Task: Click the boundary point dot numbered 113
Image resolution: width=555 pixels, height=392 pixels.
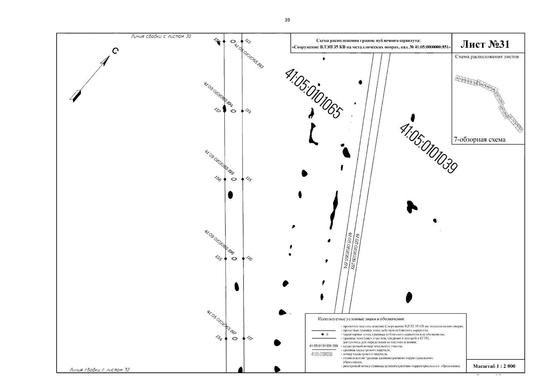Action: (x=242, y=41)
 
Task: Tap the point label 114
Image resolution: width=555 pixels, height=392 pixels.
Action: (x=248, y=111)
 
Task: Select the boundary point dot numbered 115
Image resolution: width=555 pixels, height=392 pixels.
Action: (x=242, y=179)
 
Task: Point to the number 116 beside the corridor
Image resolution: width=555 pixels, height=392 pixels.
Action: (x=249, y=259)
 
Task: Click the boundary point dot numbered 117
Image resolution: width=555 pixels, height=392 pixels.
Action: (x=244, y=338)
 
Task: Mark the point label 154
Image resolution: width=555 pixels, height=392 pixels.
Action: (x=219, y=338)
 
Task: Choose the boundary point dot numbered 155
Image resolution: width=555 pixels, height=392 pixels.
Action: (x=225, y=259)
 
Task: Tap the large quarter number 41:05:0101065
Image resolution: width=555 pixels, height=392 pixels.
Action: (x=314, y=93)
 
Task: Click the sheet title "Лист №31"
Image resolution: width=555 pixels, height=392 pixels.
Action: (x=485, y=44)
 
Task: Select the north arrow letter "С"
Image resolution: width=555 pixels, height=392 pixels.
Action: (x=115, y=51)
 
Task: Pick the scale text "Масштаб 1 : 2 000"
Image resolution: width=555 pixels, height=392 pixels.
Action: (x=494, y=366)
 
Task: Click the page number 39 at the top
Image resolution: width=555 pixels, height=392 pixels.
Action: (x=287, y=20)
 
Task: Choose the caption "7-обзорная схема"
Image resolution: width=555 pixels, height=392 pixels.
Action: (x=479, y=140)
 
